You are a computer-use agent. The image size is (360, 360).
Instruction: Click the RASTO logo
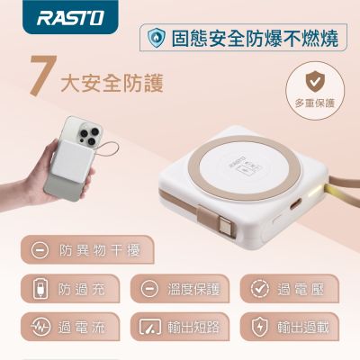(x=70, y=18)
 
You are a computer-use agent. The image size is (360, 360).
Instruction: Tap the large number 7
(x=43, y=76)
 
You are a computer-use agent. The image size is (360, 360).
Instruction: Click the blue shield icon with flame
(x=157, y=37)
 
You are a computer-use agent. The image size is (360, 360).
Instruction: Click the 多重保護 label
(x=314, y=103)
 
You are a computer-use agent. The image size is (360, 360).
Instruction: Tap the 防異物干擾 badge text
(x=100, y=250)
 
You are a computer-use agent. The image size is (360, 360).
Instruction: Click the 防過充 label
(x=82, y=289)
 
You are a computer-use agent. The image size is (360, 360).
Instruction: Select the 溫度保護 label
(x=193, y=289)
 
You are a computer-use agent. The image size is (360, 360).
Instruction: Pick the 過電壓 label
(x=301, y=289)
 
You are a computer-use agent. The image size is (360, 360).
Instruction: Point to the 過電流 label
(x=82, y=327)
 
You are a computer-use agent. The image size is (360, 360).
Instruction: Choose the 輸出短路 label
(x=193, y=327)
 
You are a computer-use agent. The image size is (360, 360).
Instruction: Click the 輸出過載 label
(x=303, y=327)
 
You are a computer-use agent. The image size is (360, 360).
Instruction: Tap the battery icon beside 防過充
(x=40, y=289)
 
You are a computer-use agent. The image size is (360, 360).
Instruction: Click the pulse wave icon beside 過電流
(x=40, y=327)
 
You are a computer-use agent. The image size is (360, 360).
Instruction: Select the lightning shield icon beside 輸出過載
(x=260, y=327)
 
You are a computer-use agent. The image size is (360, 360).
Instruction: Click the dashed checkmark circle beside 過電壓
(x=260, y=289)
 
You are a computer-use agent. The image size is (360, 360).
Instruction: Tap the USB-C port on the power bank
(x=295, y=206)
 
